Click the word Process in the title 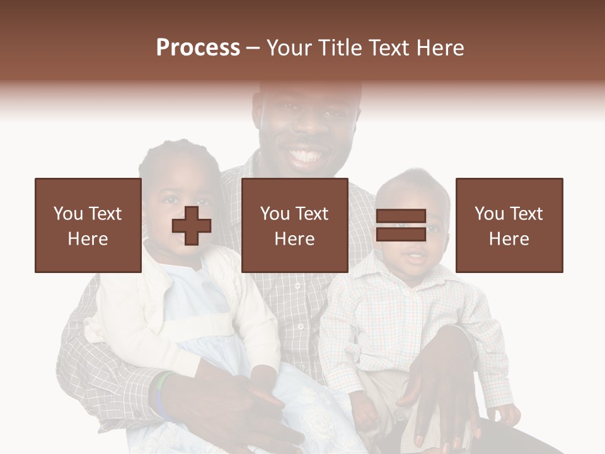point(198,48)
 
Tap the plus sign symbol point(192,226)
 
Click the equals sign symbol point(401,225)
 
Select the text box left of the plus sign point(88,225)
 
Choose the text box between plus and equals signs point(295,225)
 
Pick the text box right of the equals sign point(509,225)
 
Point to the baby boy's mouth point(414,257)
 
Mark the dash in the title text point(253,48)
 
